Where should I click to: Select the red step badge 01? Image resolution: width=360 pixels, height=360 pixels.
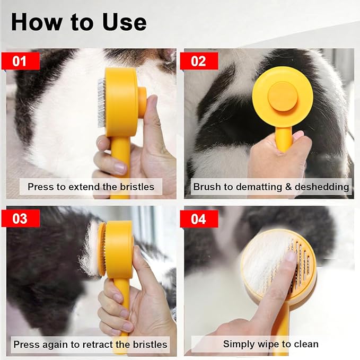[x=20, y=61]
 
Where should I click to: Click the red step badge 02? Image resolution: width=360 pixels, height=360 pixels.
[x=198, y=61]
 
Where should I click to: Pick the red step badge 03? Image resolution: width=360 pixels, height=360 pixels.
[x=20, y=218]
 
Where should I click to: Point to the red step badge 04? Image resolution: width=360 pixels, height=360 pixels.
[x=198, y=218]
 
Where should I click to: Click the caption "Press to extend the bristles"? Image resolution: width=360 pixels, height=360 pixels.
[x=91, y=187]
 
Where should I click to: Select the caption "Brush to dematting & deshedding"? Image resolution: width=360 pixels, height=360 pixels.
[x=271, y=187]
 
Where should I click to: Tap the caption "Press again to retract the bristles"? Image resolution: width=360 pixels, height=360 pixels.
[x=90, y=344]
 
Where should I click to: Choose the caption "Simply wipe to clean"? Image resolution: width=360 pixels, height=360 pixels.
[x=270, y=344]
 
